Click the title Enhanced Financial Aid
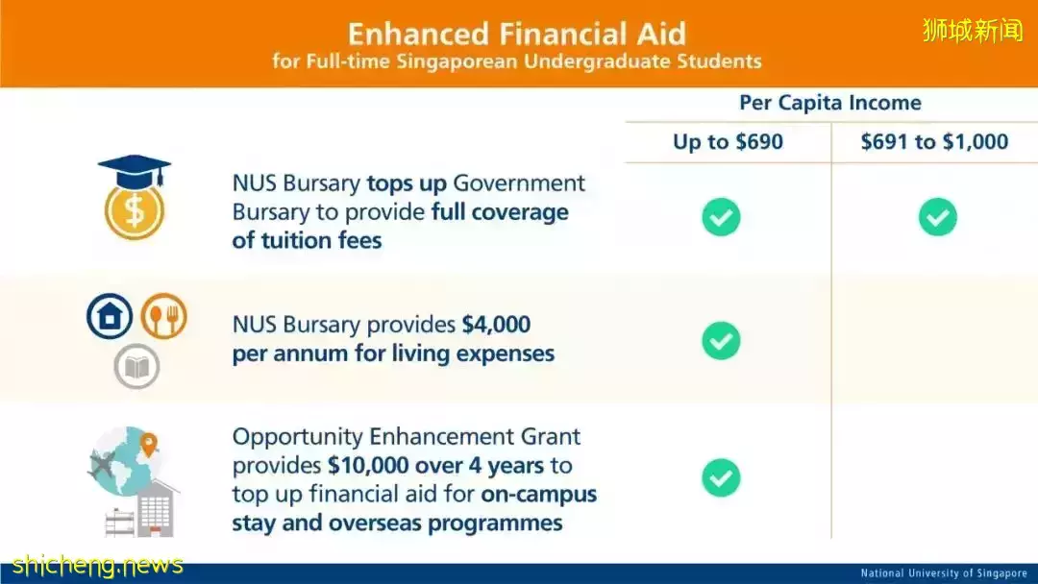coord(517,34)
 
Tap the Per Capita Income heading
coord(830,103)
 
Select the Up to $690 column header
coord(728,141)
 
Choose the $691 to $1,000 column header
coord(934,141)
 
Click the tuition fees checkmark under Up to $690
coord(721,217)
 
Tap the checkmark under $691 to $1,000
coord(937,217)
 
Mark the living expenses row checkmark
coord(721,341)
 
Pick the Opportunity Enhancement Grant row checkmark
coord(721,477)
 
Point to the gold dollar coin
coord(135,211)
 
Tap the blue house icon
coord(110,316)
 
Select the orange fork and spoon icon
coord(163,316)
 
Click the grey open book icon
coord(136,366)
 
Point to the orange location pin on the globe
coord(149,445)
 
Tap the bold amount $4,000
coord(496,325)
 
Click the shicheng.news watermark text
coord(97,566)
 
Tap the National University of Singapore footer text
coord(944,573)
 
